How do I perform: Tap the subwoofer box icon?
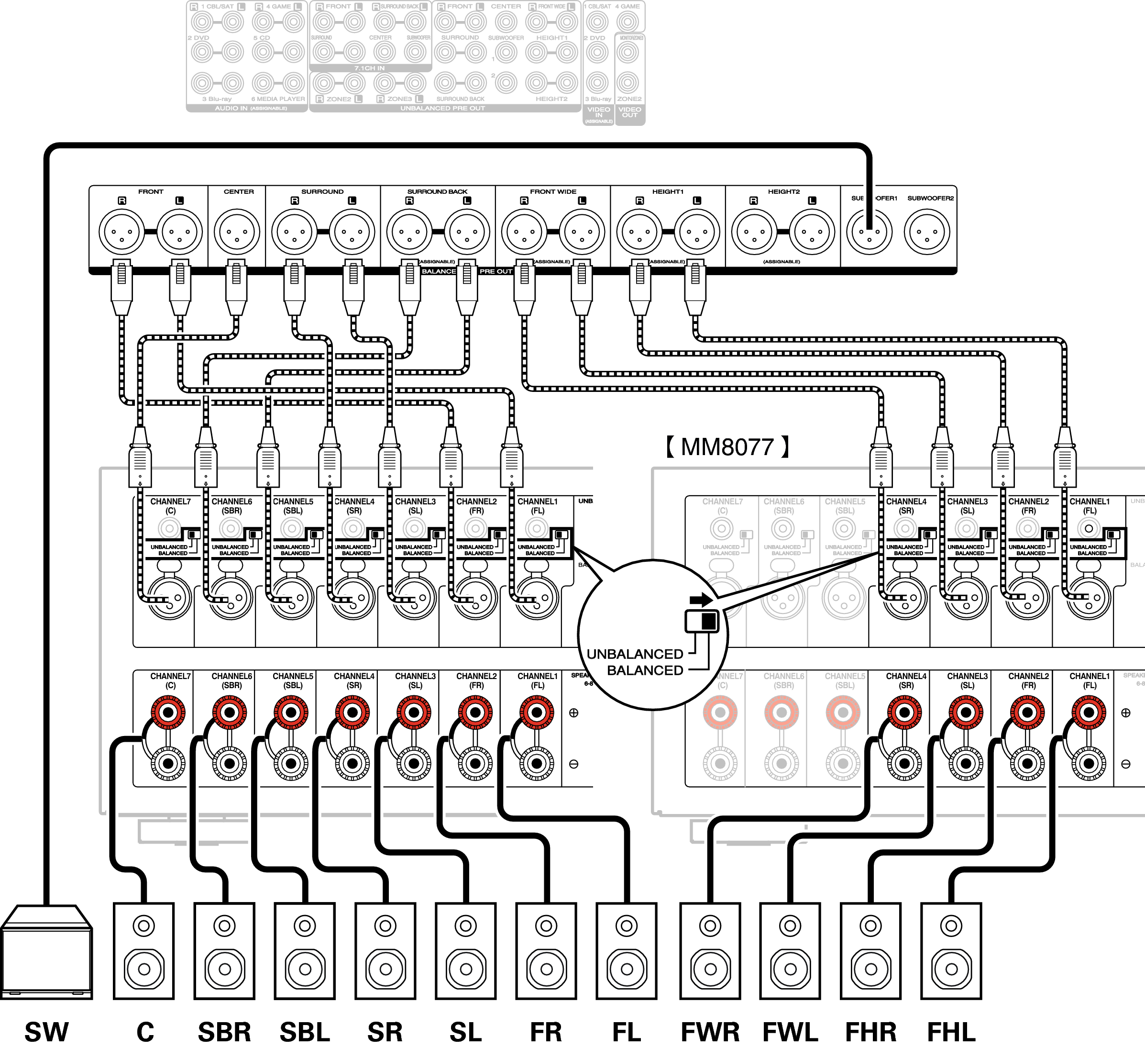(x=46, y=952)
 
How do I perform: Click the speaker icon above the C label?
(x=143, y=950)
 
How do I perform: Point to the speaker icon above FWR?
(x=710, y=950)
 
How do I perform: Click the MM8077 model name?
(x=727, y=447)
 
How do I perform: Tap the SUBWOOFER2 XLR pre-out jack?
(x=927, y=232)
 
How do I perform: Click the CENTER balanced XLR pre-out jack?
(x=237, y=232)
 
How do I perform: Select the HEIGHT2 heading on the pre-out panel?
(x=783, y=191)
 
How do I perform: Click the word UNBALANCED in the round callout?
(x=634, y=654)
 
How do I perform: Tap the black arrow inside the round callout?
(x=701, y=599)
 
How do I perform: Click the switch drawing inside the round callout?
(x=702, y=621)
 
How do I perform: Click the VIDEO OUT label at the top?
(x=629, y=112)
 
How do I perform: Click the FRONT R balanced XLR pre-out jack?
(x=121, y=232)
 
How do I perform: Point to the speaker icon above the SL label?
(x=466, y=950)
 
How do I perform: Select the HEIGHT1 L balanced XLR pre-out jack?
(x=697, y=232)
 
